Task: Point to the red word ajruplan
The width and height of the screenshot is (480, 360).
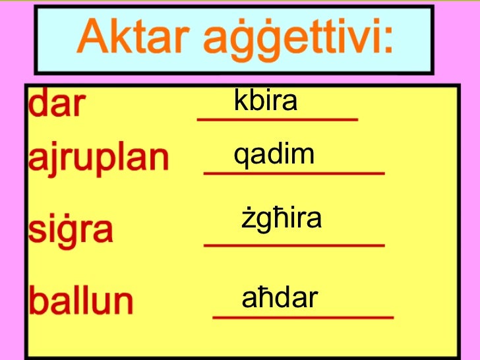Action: point(98,158)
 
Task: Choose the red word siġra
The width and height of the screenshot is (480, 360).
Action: point(71,230)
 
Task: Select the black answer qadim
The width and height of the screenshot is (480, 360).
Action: point(274,155)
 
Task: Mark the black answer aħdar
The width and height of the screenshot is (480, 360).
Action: point(280,299)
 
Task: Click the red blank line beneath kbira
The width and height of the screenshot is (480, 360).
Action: point(278,120)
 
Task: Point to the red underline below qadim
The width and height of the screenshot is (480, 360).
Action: point(294,173)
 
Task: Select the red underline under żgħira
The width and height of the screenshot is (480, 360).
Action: point(294,245)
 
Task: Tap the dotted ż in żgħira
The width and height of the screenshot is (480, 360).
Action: point(247,219)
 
